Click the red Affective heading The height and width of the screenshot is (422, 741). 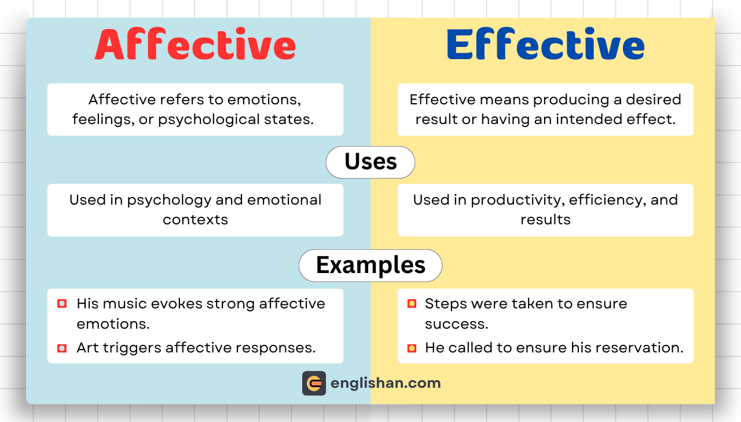click(195, 45)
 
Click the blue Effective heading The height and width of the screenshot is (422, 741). click(545, 45)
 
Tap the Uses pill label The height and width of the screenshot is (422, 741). click(370, 162)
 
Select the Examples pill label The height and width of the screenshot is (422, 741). click(370, 265)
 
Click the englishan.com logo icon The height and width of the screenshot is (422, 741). click(314, 383)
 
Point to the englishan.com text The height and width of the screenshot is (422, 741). click(386, 383)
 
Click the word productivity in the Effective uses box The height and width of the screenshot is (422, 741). click(518, 200)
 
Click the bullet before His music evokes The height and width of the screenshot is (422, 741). click(62, 304)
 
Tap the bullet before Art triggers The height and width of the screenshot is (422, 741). click(62, 348)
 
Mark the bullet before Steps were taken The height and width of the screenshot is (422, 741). click(412, 304)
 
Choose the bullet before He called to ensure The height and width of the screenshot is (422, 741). click(412, 348)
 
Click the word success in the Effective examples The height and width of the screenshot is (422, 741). click(456, 323)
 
